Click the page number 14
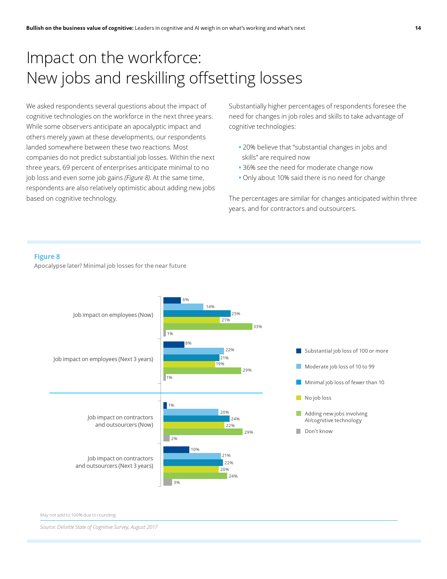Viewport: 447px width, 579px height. coord(418,28)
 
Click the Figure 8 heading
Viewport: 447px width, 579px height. coord(47,257)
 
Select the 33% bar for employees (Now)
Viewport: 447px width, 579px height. coord(208,327)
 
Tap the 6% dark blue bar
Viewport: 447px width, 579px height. coord(172,300)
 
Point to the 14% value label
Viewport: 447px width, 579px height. coord(210,307)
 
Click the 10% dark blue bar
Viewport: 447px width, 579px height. coord(176,450)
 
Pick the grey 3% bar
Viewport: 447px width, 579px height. coord(168,482)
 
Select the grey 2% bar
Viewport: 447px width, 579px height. coord(167,438)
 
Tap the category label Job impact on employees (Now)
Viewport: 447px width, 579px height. coord(113,315)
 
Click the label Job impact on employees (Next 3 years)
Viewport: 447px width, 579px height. coord(103,359)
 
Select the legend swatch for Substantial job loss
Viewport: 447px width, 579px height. coord(299,351)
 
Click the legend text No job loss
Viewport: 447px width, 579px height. coord(318,398)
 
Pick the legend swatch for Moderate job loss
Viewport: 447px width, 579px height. coord(299,367)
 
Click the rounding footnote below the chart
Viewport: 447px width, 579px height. coord(78,515)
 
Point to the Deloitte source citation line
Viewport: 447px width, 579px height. coord(99,527)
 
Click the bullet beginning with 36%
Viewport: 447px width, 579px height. coord(307,168)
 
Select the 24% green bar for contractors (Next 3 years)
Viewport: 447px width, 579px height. coord(195,476)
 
